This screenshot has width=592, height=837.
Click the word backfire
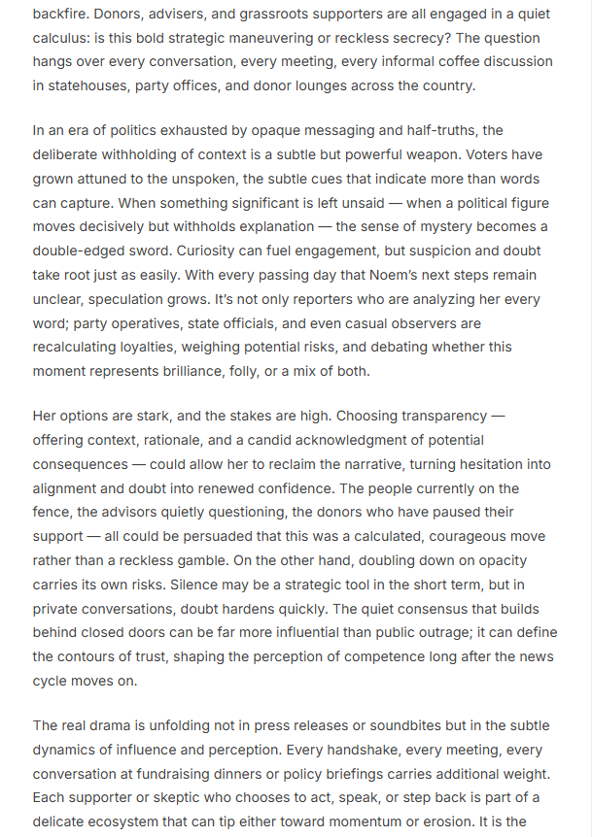point(62,15)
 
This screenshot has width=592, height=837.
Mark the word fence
point(55,512)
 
